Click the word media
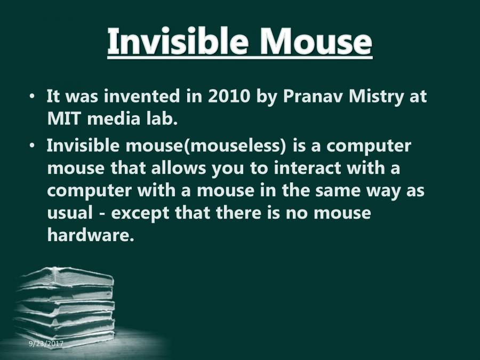click(114, 119)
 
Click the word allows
click(175, 169)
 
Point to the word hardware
click(89, 235)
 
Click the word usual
click(66, 213)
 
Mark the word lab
click(161, 119)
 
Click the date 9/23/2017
click(46, 344)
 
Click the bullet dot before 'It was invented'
click(33, 98)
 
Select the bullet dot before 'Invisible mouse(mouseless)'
click(33, 145)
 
